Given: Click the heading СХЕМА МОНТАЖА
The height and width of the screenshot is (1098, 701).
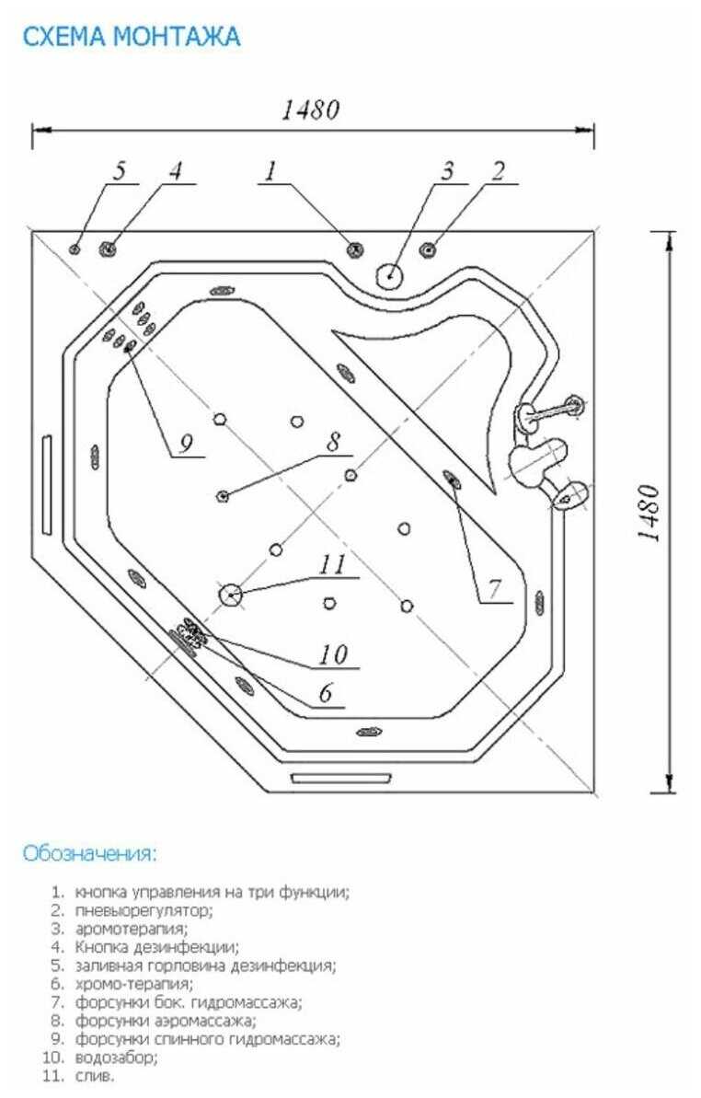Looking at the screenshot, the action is (132, 37).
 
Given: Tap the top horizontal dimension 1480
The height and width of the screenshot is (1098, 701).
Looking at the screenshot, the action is (311, 110).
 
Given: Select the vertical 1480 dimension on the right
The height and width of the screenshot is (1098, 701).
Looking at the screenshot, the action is (649, 514).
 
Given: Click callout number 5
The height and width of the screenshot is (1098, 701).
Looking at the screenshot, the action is (120, 170).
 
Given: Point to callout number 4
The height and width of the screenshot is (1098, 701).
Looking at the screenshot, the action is (176, 170).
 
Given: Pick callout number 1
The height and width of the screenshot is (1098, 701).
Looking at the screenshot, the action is (270, 170).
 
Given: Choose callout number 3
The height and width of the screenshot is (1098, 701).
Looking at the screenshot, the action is (447, 170).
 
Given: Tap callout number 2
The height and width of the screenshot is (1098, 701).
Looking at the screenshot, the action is (498, 170).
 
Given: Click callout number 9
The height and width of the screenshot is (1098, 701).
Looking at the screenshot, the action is (186, 444).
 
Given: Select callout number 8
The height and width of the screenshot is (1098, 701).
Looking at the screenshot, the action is (334, 441).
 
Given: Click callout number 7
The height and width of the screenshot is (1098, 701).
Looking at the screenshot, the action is (495, 589).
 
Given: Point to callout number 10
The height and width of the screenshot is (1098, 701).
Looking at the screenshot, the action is (333, 654).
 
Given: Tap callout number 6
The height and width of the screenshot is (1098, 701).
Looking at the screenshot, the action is (326, 693).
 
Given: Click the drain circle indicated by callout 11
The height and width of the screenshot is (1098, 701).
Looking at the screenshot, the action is (230, 595).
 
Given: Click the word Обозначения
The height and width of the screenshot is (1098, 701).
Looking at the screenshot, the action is (89, 853).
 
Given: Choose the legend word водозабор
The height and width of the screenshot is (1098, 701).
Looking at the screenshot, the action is (116, 1057).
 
